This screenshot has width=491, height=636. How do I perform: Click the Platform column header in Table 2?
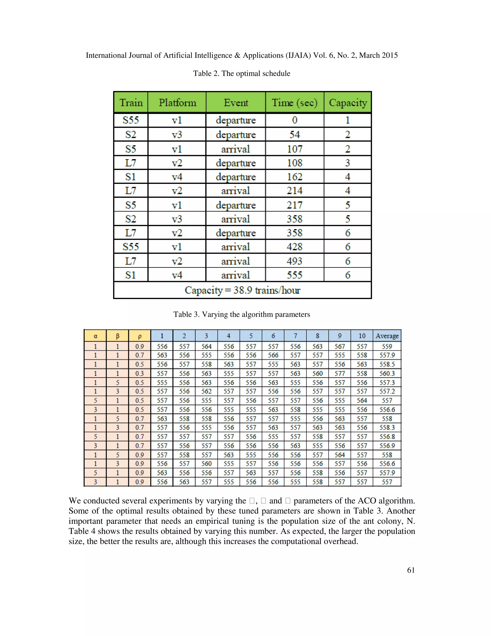(x=177, y=102)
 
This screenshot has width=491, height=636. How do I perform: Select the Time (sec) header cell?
(x=294, y=102)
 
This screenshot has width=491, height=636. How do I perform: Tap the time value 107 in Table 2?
(x=294, y=149)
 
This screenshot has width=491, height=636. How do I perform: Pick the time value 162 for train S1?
(x=294, y=177)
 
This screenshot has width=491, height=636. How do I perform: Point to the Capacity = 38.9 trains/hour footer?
(x=242, y=290)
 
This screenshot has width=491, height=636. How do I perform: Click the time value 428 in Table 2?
(x=294, y=247)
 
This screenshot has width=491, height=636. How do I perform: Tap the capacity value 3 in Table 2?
(x=347, y=163)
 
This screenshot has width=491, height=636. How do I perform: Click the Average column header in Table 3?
(x=387, y=336)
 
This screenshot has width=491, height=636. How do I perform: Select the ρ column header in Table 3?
(x=140, y=336)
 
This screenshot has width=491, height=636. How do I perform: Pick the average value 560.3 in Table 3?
(x=387, y=373)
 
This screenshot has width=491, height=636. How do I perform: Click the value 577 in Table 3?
(x=339, y=373)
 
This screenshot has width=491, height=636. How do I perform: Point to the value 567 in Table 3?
(x=339, y=347)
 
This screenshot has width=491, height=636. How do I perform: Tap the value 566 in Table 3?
(x=273, y=355)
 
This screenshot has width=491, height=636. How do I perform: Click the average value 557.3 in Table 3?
(x=387, y=383)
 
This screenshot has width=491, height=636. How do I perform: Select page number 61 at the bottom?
(x=411, y=578)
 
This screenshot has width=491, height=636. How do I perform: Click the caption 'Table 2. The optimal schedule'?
(x=242, y=73)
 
